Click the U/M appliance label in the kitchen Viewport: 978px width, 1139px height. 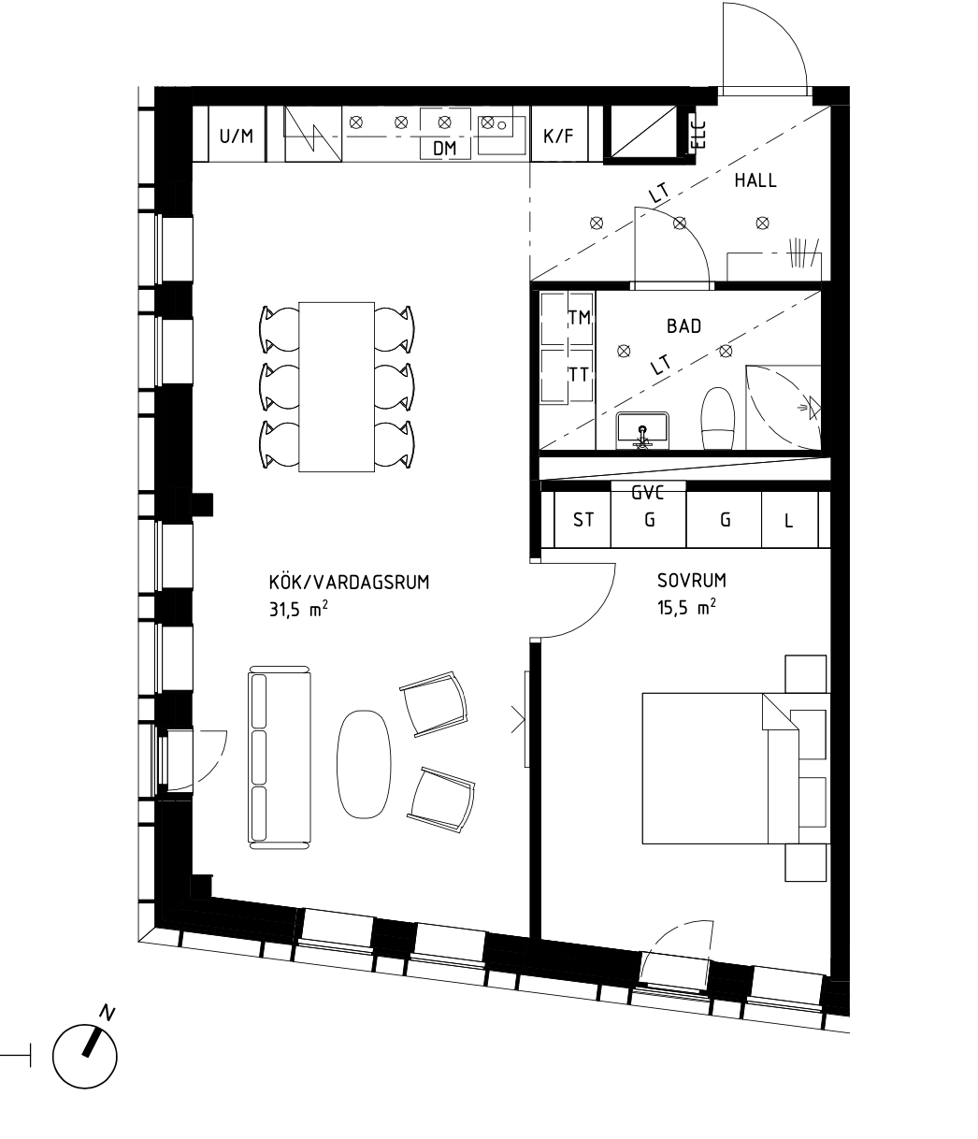pos(237,136)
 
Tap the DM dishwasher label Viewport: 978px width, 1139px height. pos(445,149)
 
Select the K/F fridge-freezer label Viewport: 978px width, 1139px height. pos(558,136)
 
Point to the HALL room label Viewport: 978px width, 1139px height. pos(755,180)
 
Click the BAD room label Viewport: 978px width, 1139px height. pos(683,326)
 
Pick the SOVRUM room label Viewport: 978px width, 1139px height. pos(692,580)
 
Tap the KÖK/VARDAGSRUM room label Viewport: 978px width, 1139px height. pos(350,583)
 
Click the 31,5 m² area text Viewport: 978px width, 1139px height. pos(298,610)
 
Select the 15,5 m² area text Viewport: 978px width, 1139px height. pos(686,607)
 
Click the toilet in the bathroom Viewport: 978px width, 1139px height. pos(718,418)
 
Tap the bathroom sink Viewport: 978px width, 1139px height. pos(642,428)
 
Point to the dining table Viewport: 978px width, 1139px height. pos(337,386)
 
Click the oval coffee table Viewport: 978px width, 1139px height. pos(364,763)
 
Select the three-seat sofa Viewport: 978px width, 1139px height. pos(280,757)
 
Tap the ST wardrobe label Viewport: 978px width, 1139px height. pos(583,520)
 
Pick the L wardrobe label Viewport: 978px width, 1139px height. pos(788,521)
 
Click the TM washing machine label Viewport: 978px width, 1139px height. pos(580,318)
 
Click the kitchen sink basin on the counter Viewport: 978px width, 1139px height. pos(502,135)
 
